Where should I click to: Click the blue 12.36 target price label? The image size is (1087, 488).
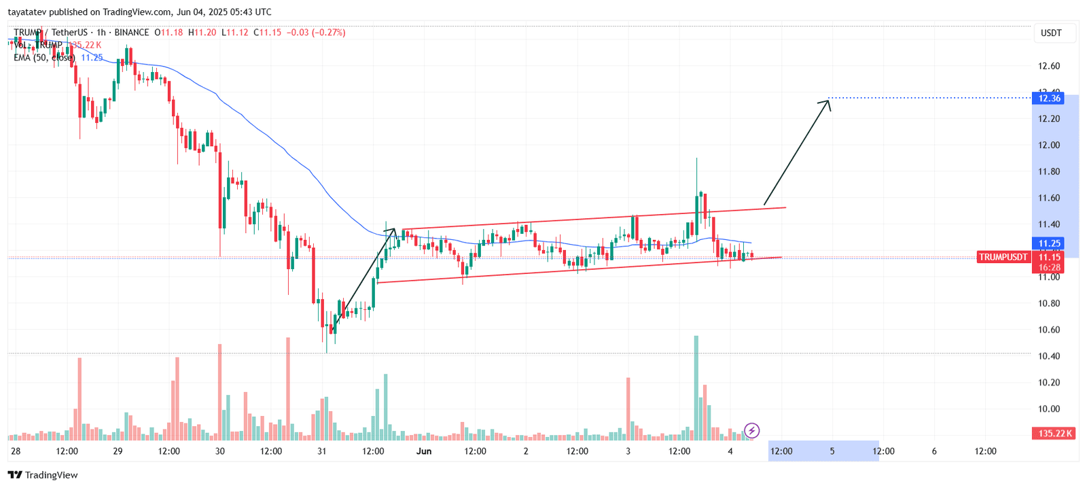1049,99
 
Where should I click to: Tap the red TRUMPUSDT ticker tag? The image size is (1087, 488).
1003,257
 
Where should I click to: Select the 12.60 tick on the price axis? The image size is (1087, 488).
1049,66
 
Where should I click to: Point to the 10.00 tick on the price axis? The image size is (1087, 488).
1049,408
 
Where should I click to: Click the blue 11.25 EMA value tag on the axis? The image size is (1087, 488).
1049,243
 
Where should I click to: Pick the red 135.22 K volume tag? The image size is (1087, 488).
1054,433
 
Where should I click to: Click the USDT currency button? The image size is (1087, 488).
1051,33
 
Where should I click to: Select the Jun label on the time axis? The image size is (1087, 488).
424,451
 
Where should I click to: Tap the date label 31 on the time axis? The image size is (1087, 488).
322,451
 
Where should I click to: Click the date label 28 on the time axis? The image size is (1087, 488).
16,451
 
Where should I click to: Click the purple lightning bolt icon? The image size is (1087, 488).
751,430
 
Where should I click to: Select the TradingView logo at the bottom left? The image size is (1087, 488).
43,475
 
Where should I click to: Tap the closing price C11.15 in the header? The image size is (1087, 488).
267,33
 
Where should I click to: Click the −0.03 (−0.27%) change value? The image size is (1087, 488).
316,33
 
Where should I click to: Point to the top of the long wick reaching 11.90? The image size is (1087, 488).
696,158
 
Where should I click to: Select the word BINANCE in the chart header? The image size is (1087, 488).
132,33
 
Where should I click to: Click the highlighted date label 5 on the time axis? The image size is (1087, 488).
832,451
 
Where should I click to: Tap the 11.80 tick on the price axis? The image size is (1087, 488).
1049,171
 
